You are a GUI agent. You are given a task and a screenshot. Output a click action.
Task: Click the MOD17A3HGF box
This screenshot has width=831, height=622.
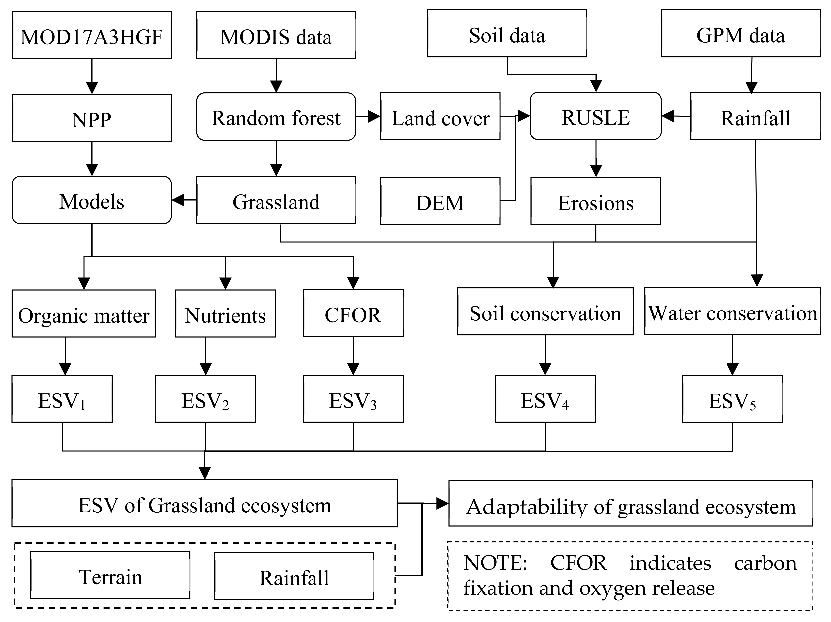tap(92, 35)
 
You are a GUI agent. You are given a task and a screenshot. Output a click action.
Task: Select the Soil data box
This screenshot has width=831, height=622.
tap(507, 34)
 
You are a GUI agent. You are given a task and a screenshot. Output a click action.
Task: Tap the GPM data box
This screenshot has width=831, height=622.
tap(740, 34)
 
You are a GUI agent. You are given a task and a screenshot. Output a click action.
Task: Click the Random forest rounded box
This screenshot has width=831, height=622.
tap(276, 117)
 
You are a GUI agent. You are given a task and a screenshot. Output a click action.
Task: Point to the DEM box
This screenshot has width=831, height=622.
tap(440, 201)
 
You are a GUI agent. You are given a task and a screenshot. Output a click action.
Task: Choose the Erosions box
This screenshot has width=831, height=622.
tap(596, 201)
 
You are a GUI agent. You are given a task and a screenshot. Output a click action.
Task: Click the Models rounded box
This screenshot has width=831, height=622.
tap(92, 200)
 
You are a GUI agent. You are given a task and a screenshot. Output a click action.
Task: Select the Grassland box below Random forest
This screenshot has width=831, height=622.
tap(276, 200)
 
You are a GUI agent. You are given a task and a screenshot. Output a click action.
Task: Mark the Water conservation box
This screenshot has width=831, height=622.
tap(732, 311)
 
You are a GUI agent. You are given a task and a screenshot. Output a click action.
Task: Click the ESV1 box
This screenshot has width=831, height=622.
tap(62, 399)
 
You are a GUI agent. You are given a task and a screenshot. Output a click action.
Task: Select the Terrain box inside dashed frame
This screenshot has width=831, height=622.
tap(110, 575)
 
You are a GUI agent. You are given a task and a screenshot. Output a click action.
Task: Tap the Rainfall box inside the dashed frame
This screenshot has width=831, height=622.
tap(294, 576)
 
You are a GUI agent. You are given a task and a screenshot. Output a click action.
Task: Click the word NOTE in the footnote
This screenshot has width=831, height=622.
tap(495, 563)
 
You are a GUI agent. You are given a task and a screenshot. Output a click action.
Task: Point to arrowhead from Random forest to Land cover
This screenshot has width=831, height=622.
tap(375, 116)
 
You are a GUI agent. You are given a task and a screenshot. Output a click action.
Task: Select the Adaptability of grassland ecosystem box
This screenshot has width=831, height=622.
tap(631, 503)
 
